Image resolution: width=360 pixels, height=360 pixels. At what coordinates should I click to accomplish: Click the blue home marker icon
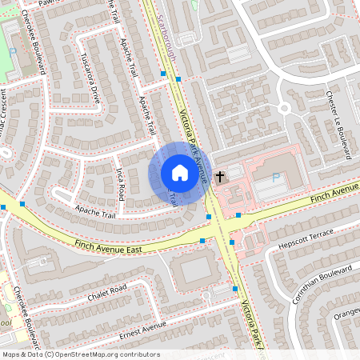pos(179,174)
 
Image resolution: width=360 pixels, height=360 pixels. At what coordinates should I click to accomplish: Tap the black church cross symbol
pos(220,175)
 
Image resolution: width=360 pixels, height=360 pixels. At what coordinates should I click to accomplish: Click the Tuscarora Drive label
pos(90,79)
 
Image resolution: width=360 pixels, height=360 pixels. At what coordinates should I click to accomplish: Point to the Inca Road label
pos(120,183)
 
